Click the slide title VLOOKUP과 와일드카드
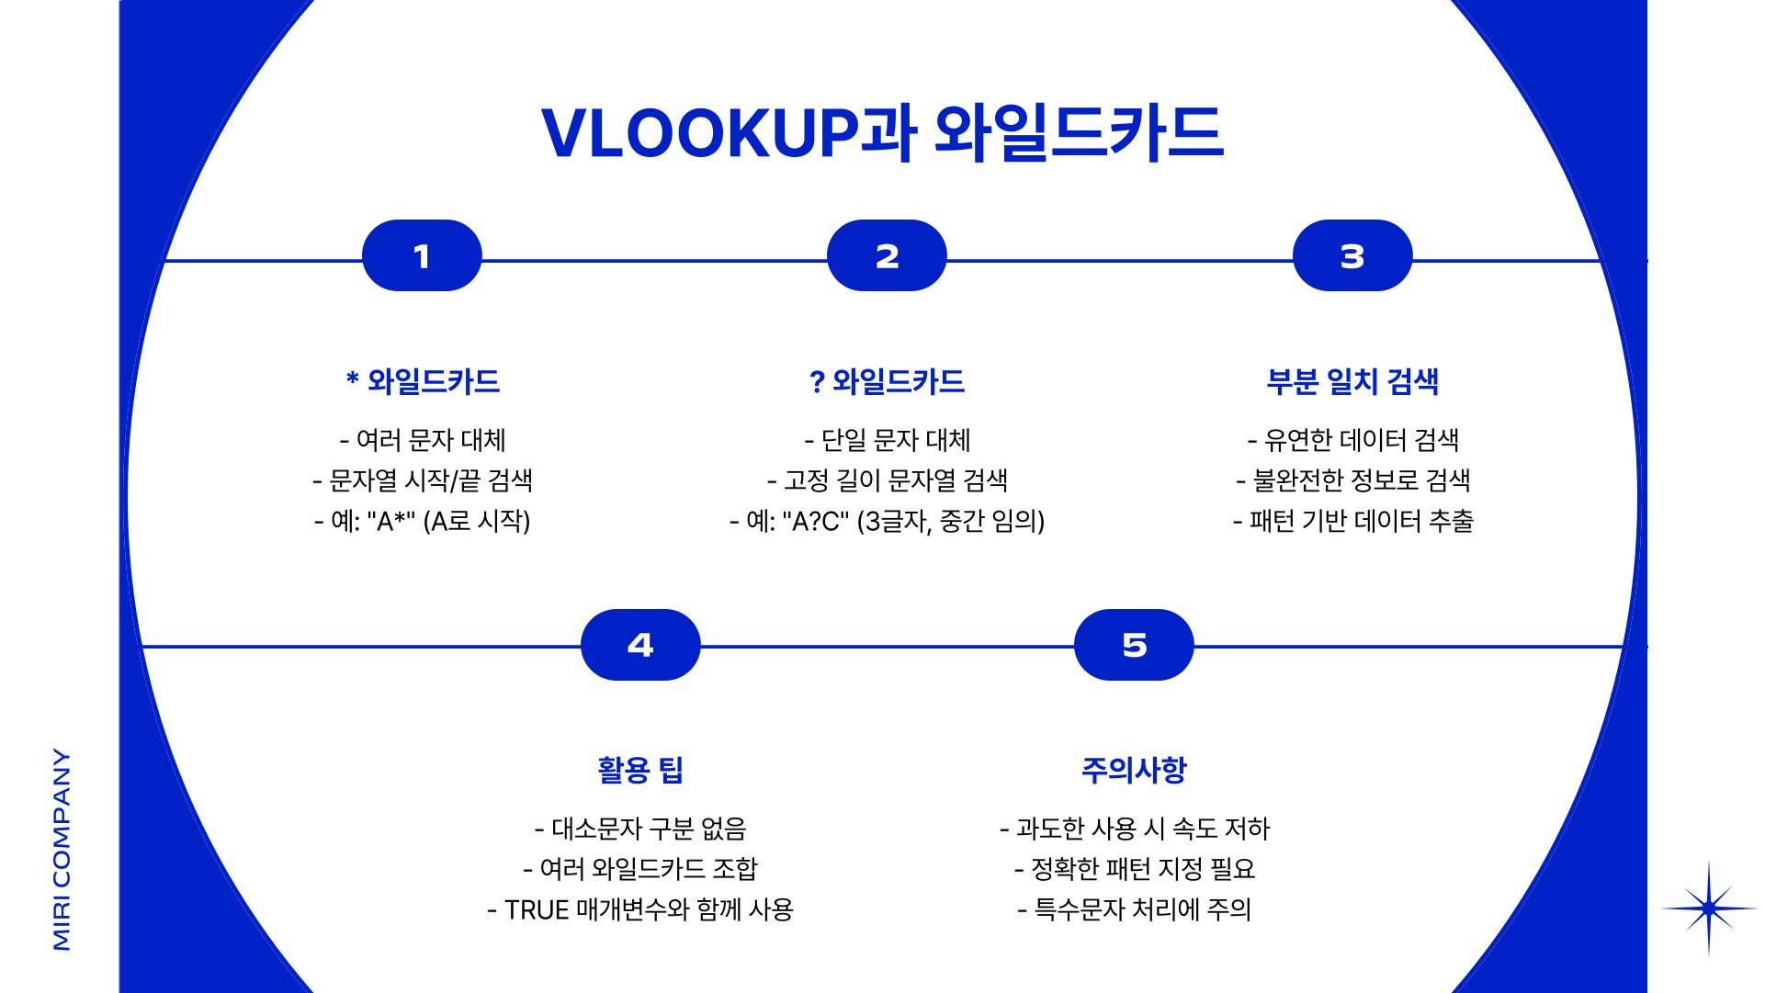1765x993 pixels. pyautogui.click(x=882, y=133)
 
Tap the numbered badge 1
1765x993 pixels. pyautogui.click(x=422, y=256)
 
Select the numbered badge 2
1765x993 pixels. pyautogui.click(x=887, y=256)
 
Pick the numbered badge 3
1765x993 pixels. pyautogui.click(x=1352, y=256)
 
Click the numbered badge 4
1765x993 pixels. pyautogui.click(x=640, y=645)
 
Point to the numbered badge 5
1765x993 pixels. pyautogui.click(x=1134, y=645)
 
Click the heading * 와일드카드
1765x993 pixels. pyautogui.click(x=423, y=381)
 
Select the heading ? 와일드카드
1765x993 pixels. pyautogui.click(x=887, y=381)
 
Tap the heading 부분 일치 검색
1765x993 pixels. pyautogui.click(x=1352, y=381)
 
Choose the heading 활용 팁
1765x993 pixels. pyautogui.click(x=640, y=770)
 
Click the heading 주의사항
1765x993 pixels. pyautogui.click(x=1134, y=770)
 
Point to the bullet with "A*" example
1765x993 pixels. pyautogui.click(x=423, y=522)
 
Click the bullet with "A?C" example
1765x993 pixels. pyautogui.click(x=887, y=522)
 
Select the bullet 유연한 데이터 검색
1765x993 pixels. pyautogui.click(x=1352, y=440)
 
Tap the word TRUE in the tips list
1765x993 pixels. pyautogui.click(x=537, y=910)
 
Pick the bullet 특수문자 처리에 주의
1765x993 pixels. pyautogui.click(x=1134, y=909)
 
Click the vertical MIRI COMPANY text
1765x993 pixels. pyautogui.click(x=62, y=849)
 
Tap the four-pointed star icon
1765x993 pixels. pyautogui.click(x=1708, y=908)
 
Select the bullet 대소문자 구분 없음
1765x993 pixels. pyautogui.click(x=640, y=829)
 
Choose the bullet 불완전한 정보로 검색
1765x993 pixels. pyautogui.click(x=1352, y=480)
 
